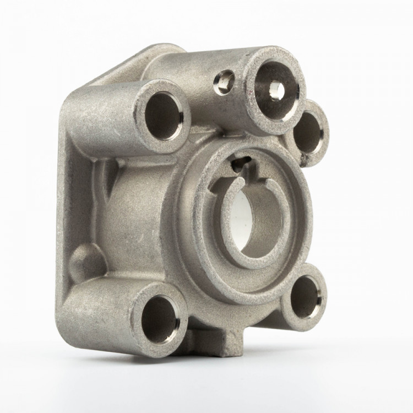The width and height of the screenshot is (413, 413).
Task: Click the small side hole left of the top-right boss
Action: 225,82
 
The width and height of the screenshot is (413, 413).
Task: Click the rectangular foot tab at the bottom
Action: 231,344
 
